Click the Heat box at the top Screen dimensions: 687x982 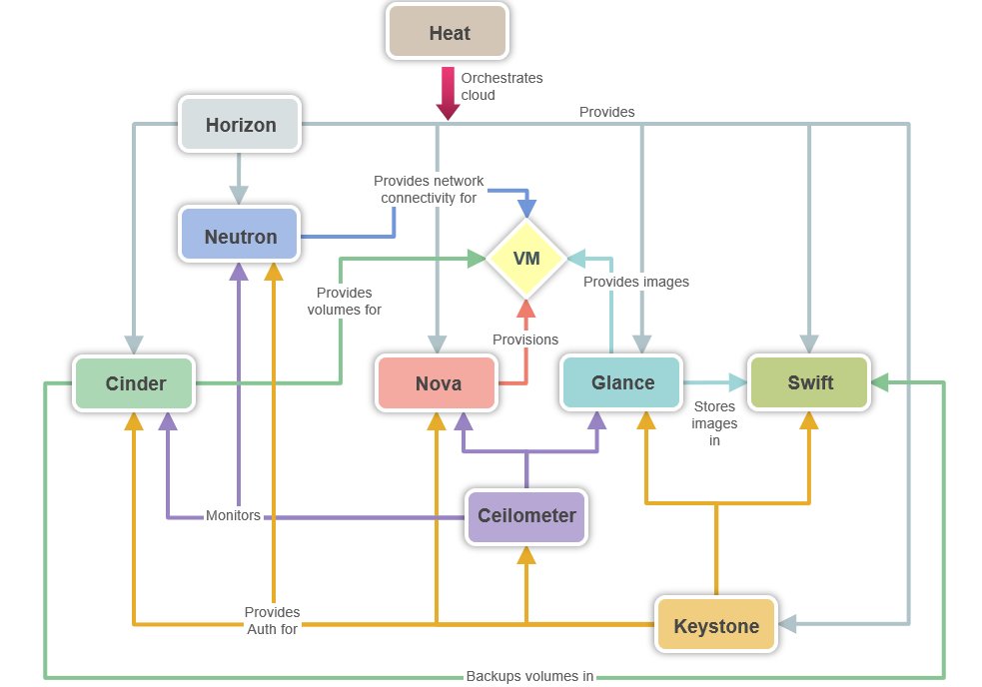click(x=449, y=33)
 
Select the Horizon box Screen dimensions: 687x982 click(x=239, y=125)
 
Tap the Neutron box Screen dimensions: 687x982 click(x=239, y=237)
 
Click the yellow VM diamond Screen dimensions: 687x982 click(x=526, y=258)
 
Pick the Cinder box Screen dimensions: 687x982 click(x=135, y=383)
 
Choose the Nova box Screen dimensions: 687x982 click(x=438, y=383)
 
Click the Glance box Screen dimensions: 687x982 click(x=622, y=382)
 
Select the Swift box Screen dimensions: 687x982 click(x=810, y=382)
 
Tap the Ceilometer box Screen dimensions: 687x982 click(x=526, y=516)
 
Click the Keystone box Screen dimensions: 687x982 click(x=715, y=627)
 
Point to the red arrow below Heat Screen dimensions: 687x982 click(x=447, y=95)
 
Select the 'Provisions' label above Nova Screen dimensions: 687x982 click(x=524, y=340)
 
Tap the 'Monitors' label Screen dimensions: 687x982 click(x=232, y=516)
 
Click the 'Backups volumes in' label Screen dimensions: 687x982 click(x=529, y=676)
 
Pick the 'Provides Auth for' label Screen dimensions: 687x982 click(x=272, y=620)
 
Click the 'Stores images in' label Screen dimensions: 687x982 click(x=713, y=423)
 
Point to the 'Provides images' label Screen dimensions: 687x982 click(x=635, y=283)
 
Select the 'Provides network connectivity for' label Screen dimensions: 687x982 click(x=428, y=189)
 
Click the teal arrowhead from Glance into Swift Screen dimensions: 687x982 click(x=738, y=382)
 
